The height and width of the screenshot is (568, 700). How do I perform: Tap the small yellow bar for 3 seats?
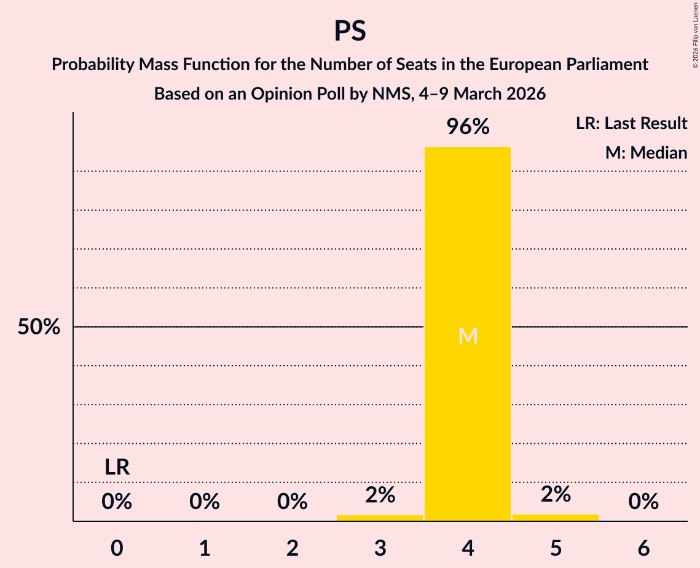click(x=380, y=518)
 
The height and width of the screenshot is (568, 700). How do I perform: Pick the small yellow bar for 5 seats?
click(x=556, y=518)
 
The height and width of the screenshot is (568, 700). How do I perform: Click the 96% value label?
click(x=468, y=127)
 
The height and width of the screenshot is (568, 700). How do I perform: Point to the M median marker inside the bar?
click(x=468, y=336)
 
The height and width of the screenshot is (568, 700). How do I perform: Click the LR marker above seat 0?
click(x=117, y=467)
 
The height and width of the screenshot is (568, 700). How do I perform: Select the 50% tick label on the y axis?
click(x=39, y=327)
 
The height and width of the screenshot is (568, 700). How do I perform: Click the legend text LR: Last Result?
click(x=631, y=124)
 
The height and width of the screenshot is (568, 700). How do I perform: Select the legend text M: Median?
click(x=646, y=152)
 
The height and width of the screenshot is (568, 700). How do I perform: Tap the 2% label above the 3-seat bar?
click(x=380, y=495)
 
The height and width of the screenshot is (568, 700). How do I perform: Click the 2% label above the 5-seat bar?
click(x=556, y=494)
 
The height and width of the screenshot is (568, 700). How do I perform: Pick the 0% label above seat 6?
click(x=643, y=502)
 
